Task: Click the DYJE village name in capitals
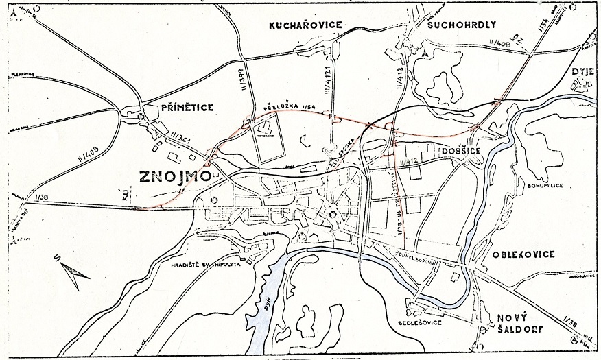click(580, 71)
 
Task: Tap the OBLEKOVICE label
click(523, 255)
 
